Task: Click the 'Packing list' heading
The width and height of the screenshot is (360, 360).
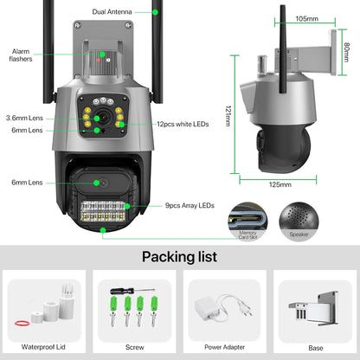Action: point(179,256)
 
